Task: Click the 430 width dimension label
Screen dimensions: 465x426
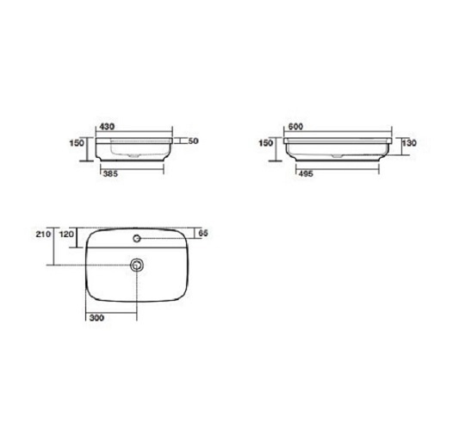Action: [x=107, y=127]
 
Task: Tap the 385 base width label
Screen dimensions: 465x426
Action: [x=110, y=174]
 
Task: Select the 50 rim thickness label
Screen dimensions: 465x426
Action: [x=193, y=141]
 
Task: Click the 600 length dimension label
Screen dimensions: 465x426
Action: [x=295, y=127]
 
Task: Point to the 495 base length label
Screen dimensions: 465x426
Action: [x=306, y=174]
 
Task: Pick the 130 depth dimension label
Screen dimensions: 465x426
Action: [x=409, y=143]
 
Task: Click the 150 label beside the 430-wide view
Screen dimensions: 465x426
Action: [x=77, y=143]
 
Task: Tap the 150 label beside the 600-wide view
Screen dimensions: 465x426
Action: [x=266, y=143]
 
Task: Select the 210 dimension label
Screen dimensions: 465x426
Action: [x=43, y=235]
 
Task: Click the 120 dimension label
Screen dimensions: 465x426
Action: [x=66, y=235]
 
